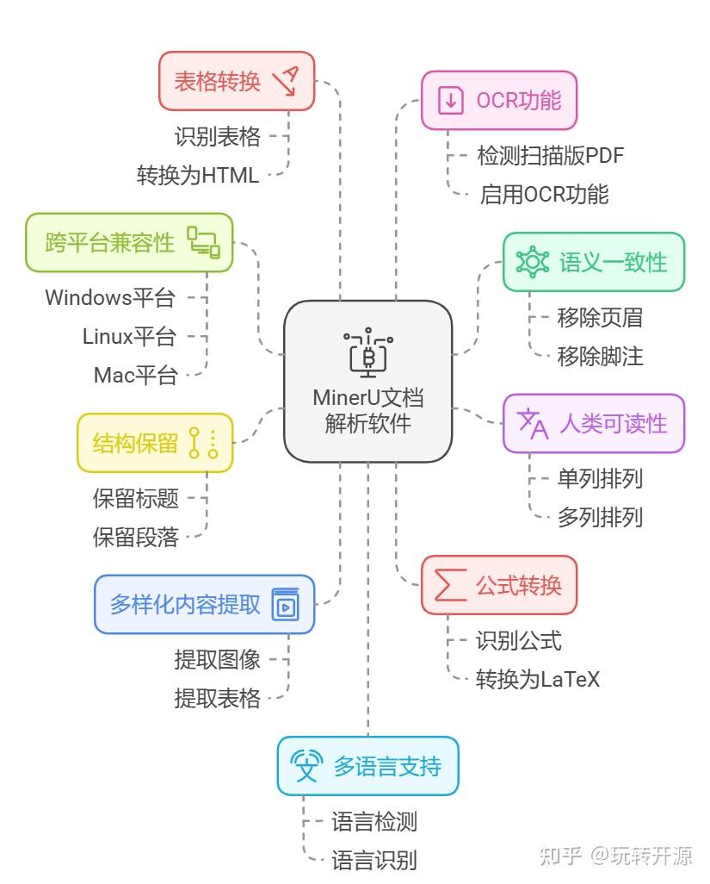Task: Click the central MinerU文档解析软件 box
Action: point(367,381)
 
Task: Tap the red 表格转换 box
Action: point(237,81)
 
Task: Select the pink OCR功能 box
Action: point(498,100)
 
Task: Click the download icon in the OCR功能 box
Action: point(450,100)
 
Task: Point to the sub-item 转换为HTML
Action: point(198,175)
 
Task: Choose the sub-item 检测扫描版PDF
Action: point(551,155)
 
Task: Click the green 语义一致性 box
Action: point(593,262)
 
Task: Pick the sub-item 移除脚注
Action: point(600,356)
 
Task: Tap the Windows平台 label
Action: point(110,298)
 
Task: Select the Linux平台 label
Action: point(129,336)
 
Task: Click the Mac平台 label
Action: point(135,375)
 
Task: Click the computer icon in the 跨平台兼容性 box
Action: point(204,241)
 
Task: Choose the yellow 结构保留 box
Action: point(155,443)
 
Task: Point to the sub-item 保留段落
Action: point(136,537)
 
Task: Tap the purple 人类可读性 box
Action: point(593,423)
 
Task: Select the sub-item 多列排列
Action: point(600,517)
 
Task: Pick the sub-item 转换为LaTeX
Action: point(538,679)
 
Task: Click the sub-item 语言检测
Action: point(374,821)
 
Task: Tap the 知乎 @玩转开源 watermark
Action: point(614,856)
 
